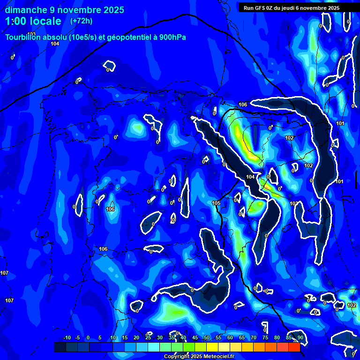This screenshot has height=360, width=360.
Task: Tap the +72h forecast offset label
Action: (81, 21)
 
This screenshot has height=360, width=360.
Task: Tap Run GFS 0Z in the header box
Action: (258, 8)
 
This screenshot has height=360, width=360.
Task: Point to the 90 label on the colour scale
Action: (300, 337)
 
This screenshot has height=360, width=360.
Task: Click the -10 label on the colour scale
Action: (67, 337)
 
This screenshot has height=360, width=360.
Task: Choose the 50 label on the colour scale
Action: (207, 337)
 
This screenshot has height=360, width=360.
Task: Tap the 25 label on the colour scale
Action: (148, 337)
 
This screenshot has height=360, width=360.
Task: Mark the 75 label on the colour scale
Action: (265, 337)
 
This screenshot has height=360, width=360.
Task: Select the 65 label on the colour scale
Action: (242, 337)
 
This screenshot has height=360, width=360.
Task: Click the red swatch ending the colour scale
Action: (294, 347)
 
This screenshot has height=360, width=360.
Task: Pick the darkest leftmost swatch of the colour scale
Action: (60, 347)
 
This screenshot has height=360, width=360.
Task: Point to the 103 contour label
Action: (31, 34)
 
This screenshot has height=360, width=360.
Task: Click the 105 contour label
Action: (216, 203)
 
